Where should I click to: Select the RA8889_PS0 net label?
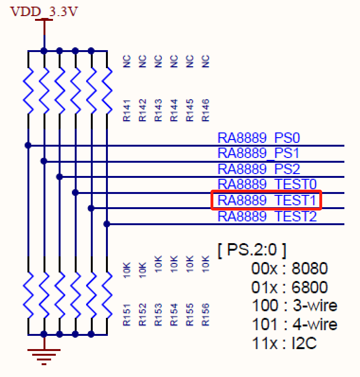pos(259,138)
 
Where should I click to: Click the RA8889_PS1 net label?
pos(259,153)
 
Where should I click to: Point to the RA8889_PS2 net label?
pos(259,169)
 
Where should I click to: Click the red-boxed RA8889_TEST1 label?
pos(267,200)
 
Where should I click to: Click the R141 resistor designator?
pos(127,111)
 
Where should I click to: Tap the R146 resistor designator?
pos(205,111)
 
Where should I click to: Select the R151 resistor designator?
pos(127,315)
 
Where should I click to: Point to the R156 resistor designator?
pos(205,315)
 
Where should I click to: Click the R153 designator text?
pos(158,315)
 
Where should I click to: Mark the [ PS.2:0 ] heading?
pos(252,250)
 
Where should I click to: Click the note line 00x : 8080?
pos(290,269)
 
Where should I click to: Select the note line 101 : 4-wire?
pos(295,324)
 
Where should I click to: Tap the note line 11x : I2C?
pos(284,343)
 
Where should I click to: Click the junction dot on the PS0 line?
pos(28,145)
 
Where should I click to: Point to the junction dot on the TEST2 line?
pos(107,224)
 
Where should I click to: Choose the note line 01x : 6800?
pos(290,287)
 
